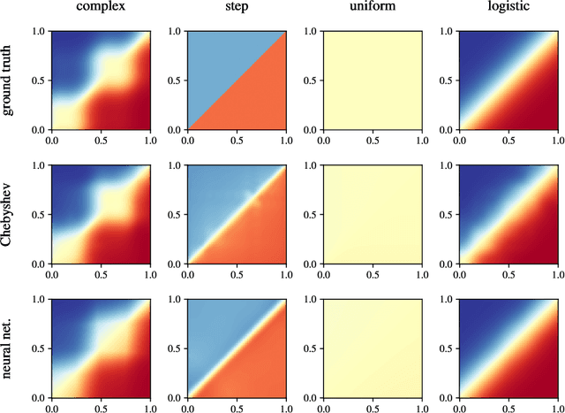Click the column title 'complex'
point(99,10)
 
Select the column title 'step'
point(236,10)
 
